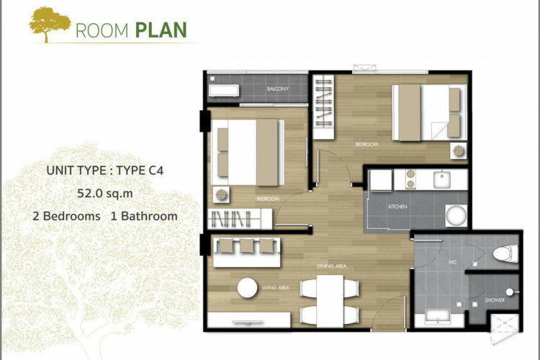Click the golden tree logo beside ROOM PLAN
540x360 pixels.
pyautogui.click(x=50, y=24)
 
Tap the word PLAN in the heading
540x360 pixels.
pyautogui.click(x=161, y=30)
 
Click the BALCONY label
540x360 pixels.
pyautogui.click(x=278, y=89)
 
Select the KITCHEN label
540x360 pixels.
pyautogui.click(x=397, y=207)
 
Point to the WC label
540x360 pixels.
pyautogui.click(x=453, y=262)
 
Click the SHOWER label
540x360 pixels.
pyautogui.click(x=495, y=300)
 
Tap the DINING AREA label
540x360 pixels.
pyautogui.click(x=332, y=266)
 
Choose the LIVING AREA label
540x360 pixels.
pyautogui.click(x=276, y=288)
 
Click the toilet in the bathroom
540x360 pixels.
pyautogui.click(x=505, y=253)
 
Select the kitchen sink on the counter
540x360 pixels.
pyautogui.click(x=441, y=179)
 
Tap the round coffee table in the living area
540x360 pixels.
pyautogui.click(x=247, y=288)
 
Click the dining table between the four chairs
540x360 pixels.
pyautogui.click(x=330, y=301)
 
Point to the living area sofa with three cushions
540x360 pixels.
pyautogui.click(x=246, y=252)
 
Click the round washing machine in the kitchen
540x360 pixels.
pyautogui.click(x=456, y=216)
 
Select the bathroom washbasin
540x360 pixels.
pyautogui.click(x=437, y=317)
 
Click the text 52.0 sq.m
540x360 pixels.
pyautogui.click(x=105, y=193)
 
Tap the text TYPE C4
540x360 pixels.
pyautogui.click(x=140, y=171)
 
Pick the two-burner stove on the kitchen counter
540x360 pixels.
pyautogui.click(x=410, y=179)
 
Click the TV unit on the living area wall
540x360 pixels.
pyautogui.click(x=248, y=320)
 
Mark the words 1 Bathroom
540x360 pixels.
pyautogui.click(x=144, y=216)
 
